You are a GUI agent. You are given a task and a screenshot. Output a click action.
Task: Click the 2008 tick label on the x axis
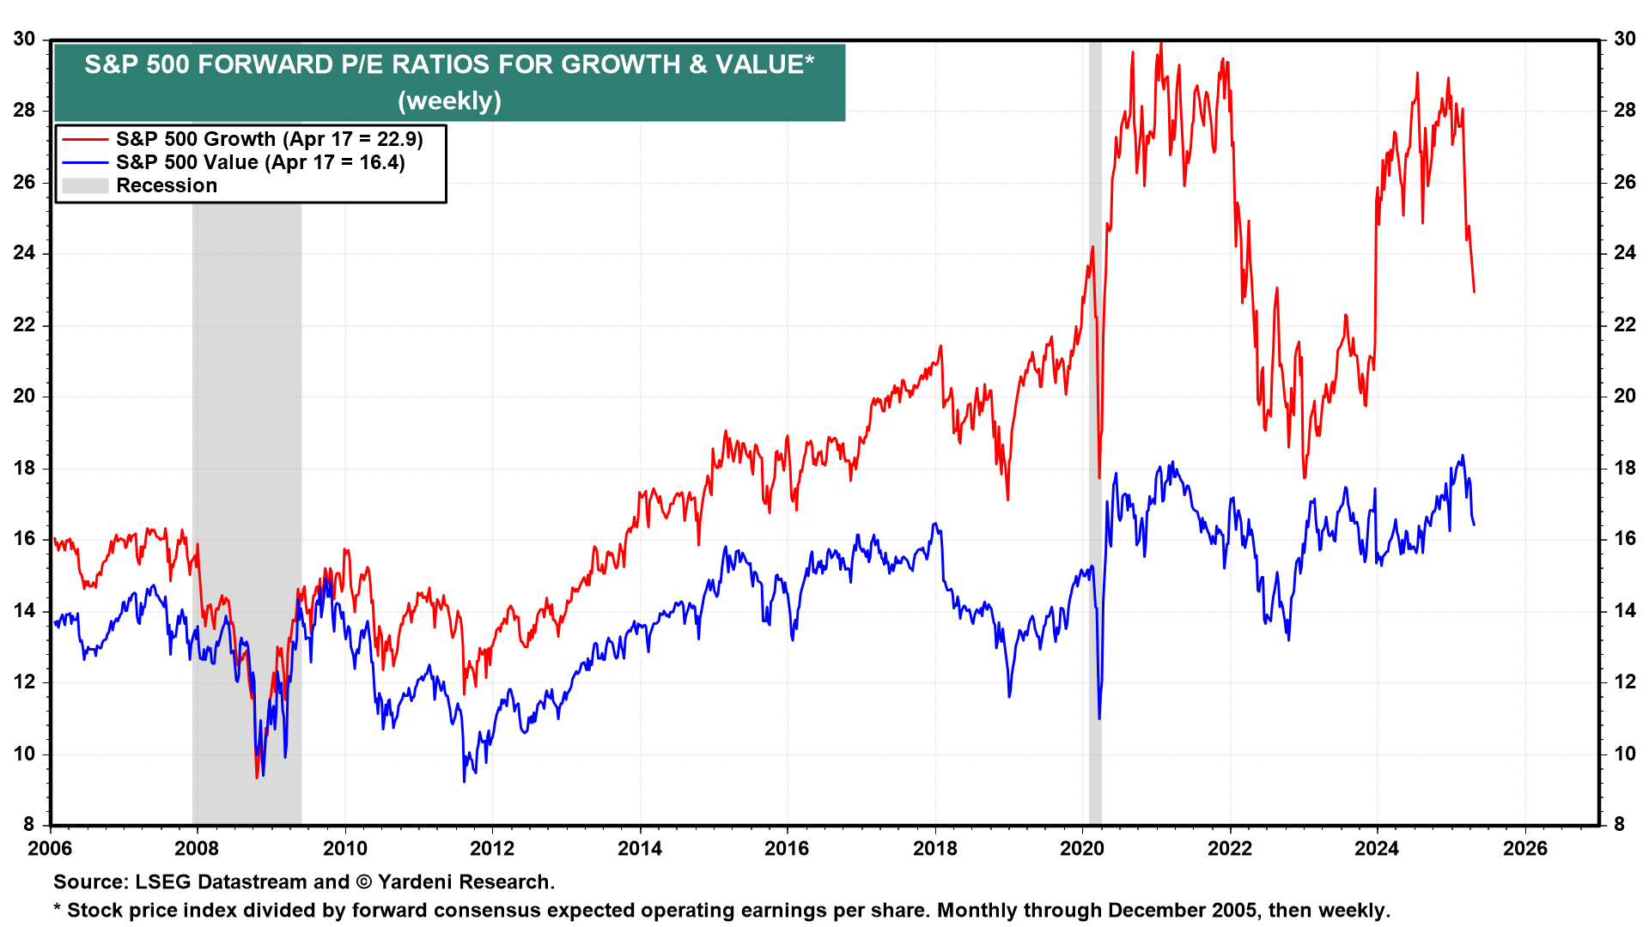click(x=197, y=849)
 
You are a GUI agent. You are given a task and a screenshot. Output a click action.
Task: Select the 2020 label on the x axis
click(x=1082, y=849)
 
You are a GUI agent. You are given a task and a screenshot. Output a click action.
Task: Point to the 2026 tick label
click(x=1524, y=849)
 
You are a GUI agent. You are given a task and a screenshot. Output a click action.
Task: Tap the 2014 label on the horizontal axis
click(x=640, y=849)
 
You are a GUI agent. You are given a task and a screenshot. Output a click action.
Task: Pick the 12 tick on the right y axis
click(x=1625, y=682)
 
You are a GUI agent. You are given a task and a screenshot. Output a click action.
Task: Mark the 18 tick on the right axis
click(x=1625, y=468)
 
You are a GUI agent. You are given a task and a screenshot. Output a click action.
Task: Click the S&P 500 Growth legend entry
click(x=269, y=139)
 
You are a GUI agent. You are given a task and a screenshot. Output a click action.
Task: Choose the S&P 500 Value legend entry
click(x=259, y=162)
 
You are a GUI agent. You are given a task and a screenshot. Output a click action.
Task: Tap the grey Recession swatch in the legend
click(x=85, y=185)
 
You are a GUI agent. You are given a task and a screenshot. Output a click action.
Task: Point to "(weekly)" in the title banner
click(x=449, y=100)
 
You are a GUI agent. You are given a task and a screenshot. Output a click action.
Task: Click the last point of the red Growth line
click(x=1474, y=292)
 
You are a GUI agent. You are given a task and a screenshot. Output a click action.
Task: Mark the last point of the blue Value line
click(x=1474, y=524)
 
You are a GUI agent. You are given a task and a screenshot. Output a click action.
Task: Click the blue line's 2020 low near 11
click(x=1099, y=718)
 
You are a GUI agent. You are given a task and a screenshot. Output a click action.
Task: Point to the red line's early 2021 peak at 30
click(x=1160, y=42)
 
